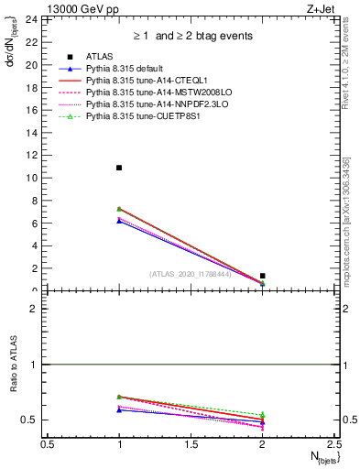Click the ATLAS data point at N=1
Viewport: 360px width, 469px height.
click(x=119, y=168)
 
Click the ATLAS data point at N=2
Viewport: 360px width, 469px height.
click(x=263, y=276)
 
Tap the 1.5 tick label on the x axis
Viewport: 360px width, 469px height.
click(x=191, y=443)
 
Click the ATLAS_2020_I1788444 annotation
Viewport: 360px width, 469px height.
click(x=190, y=273)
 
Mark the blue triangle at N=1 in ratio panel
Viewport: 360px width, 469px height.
click(x=119, y=409)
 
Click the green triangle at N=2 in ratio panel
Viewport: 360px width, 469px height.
click(x=263, y=415)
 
